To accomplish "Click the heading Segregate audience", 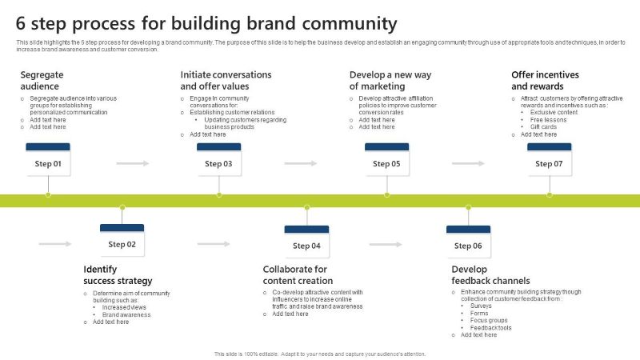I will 42,80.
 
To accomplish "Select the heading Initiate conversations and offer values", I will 226,80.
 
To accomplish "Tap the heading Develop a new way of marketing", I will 390,80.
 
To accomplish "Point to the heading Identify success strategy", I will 118,275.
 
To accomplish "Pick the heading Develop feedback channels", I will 490,275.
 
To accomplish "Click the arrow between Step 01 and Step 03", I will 133,163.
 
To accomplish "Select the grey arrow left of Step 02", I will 54,243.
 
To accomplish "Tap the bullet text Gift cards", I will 543,126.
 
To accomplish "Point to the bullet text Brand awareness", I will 126,314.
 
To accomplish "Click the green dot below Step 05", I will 387,194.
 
